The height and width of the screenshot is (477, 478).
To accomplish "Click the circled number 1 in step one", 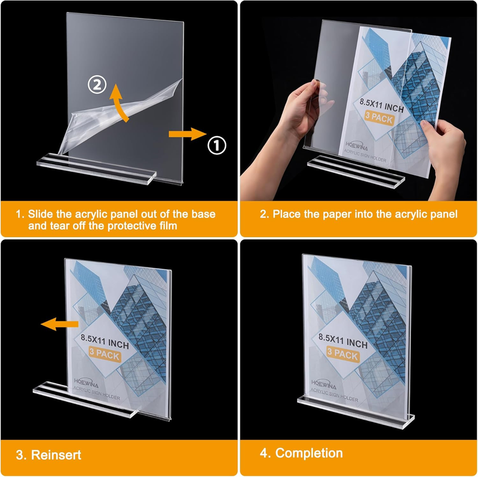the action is [x=217, y=145].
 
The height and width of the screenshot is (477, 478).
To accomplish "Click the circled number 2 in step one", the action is [x=97, y=84].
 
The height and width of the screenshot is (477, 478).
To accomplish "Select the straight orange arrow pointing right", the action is [x=188, y=134].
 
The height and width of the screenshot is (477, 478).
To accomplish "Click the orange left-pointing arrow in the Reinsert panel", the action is [x=60, y=324].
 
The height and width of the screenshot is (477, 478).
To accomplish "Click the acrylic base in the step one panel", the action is [x=96, y=168].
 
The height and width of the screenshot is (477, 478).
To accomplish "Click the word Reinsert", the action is [x=56, y=455].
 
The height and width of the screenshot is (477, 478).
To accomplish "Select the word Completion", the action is [x=309, y=453].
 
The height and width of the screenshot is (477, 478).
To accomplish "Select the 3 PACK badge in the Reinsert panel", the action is [x=105, y=353].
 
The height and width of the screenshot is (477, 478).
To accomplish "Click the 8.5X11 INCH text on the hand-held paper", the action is [x=381, y=105].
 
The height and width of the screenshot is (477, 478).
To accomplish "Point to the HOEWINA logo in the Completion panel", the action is [x=323, y=384].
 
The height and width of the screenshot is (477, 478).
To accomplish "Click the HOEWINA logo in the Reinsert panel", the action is [x=86, y=383].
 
